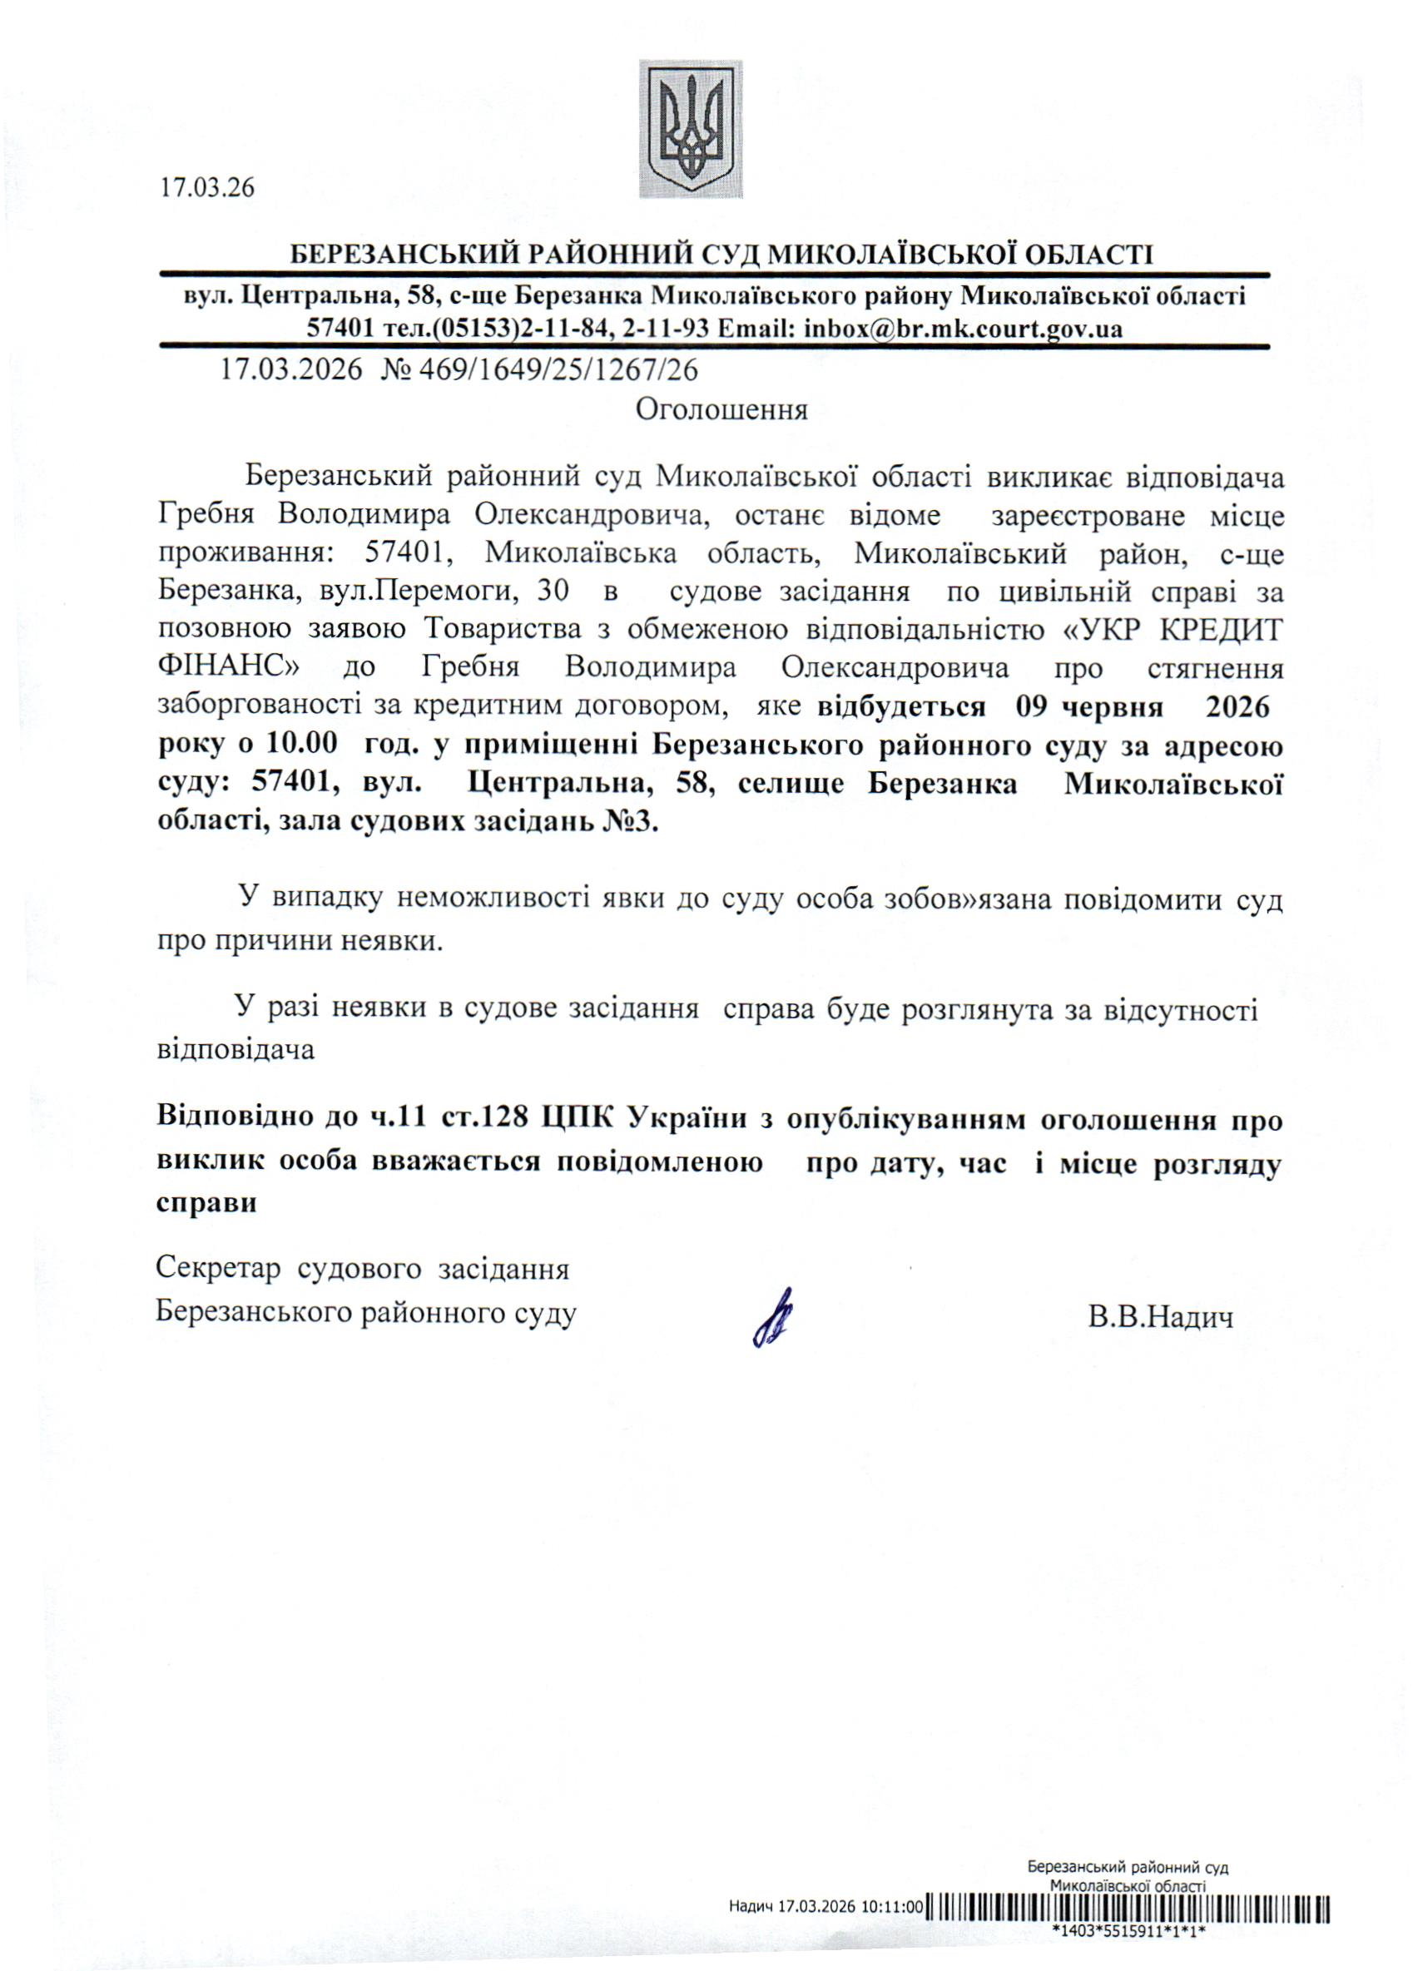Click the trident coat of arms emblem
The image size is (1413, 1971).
point(691,129)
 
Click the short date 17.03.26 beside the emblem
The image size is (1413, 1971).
point(206,188)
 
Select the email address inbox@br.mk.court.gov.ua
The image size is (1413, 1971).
point(963,329)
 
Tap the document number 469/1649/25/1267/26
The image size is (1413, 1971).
point(558,371)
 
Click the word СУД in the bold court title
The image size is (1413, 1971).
point(731,255)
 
